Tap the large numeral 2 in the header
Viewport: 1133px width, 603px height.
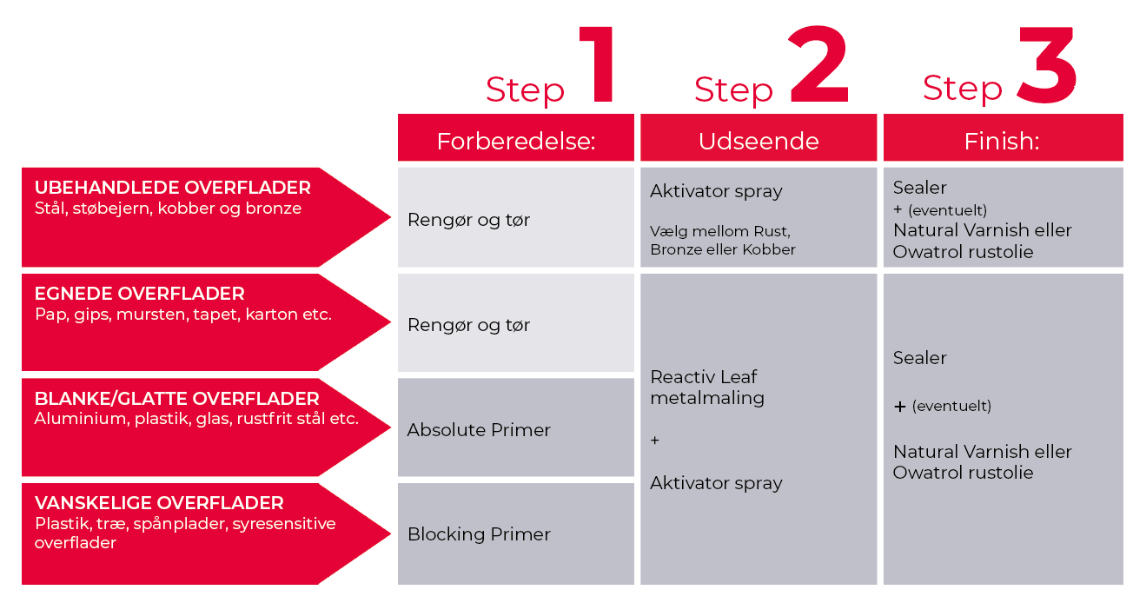pos(819,66)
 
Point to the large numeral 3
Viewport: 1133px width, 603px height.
pos(1047,66)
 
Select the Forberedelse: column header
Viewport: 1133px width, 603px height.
pos(516,141)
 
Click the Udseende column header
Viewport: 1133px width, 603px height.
pos(759,141)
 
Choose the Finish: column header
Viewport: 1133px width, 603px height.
pos(1002,141)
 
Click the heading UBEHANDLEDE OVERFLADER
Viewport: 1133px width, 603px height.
pos(172,188)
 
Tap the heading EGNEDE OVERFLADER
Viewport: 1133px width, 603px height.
pos(139,294)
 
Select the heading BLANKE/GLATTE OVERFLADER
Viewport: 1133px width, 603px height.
pos(177,399)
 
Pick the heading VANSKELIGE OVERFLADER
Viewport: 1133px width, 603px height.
pos(159,503)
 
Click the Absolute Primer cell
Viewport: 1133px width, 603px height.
pos(479,429)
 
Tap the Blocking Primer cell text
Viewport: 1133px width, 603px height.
pos(479,534)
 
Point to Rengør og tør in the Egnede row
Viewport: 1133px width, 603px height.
pos(468,325)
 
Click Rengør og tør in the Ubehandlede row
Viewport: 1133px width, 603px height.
pos(468,220)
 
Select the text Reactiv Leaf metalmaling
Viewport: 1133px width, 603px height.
pos(706,388)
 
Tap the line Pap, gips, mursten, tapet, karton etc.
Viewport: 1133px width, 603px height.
pos(183,315)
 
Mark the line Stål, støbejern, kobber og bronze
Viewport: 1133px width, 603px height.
pos(168,209)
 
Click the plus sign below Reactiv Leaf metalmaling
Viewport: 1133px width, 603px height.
pos(655,441)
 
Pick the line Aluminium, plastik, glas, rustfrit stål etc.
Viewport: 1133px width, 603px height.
pos(196,419)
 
